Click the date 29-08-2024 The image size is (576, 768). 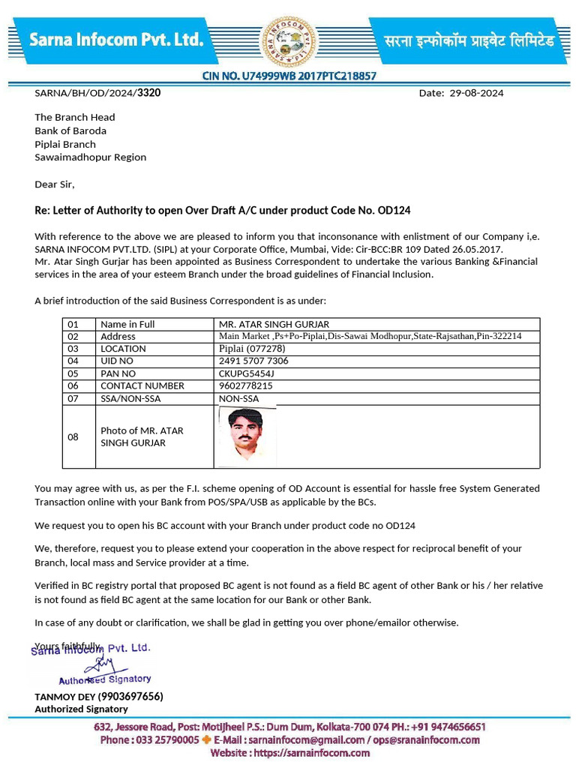[x=476, y=94]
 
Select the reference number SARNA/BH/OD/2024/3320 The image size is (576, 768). [x=97, y=93]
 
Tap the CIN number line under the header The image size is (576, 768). [x=289, y=76]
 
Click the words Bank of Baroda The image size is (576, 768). [x=70, y=130]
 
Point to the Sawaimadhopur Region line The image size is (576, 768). [x=90, y=157]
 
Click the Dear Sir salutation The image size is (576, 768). [x=55, y=184]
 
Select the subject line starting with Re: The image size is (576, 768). [x=222, y=211]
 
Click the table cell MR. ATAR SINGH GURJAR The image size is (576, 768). [x=274, y=324]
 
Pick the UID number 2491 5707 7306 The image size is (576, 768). [x=253, y=361]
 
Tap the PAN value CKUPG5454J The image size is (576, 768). [x=247, y=373]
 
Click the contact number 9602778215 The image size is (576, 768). [x=245, y=385]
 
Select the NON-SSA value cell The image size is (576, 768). [x=238, y=398]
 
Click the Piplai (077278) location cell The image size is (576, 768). [x=252, y=349]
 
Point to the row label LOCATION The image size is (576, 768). [x=123, y=349]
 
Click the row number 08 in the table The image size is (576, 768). [x=73, y=436]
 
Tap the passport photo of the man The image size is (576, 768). [x=247, y=436]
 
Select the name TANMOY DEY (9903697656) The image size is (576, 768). [x=98, y=696]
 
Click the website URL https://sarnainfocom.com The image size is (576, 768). [x=289, y=752]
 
